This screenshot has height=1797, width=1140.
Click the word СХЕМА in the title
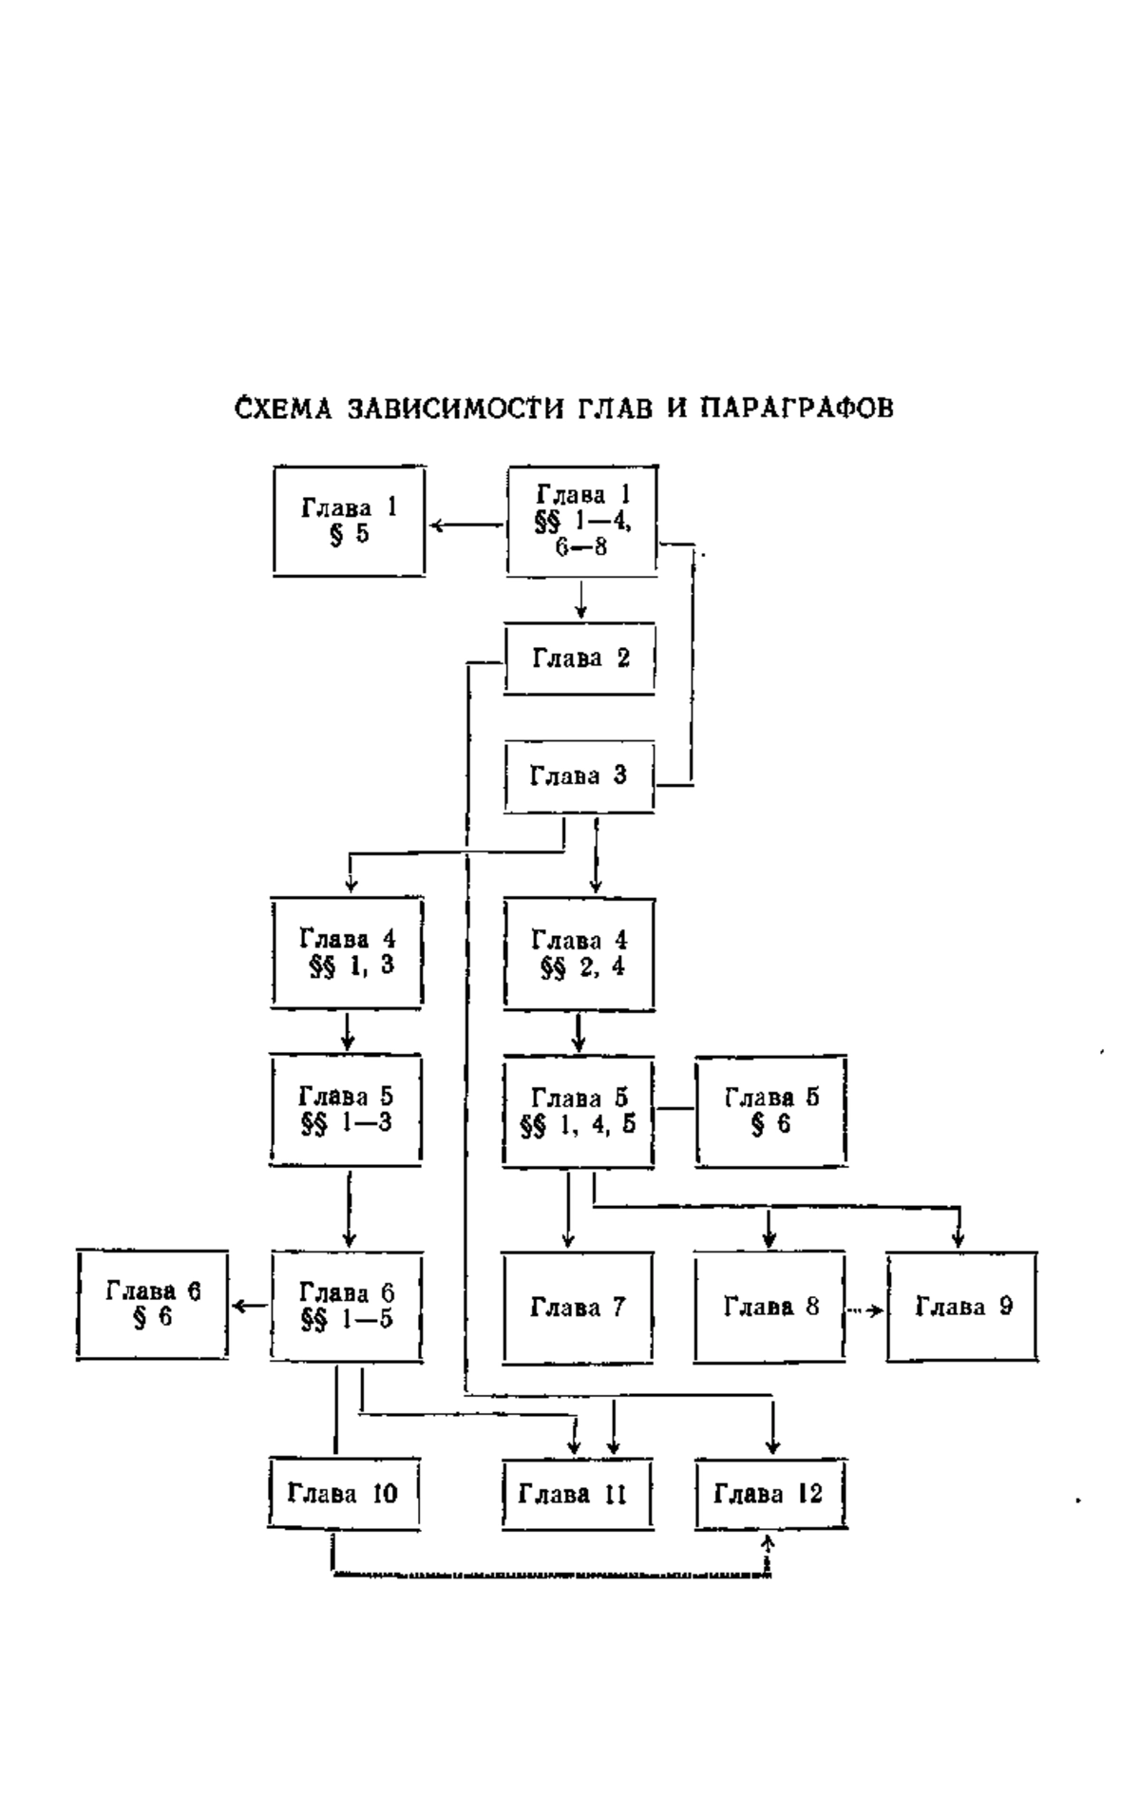coord(282,409)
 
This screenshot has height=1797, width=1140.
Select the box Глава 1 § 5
coord(349,521)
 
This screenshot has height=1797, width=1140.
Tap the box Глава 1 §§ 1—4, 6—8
coord(581,521)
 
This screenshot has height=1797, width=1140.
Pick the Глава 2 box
coord(579,659)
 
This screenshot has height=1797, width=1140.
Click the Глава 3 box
coord(579,776)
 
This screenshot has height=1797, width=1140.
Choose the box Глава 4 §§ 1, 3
coord(347,952)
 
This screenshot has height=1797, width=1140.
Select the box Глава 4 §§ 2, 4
coord(579,953)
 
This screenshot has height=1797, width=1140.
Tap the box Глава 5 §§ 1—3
coord(347,1110)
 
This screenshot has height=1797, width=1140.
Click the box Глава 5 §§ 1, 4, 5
coord(579,1111)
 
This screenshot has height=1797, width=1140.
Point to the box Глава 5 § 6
coord(771,1111)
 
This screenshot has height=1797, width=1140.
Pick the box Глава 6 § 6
coord(153,1304)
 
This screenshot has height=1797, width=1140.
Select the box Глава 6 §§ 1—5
coord(347,1307)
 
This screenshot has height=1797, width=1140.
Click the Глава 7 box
coord(579,1308)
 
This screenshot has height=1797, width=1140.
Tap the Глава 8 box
coord(770,1307)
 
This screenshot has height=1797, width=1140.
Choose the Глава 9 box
coord(962,1307)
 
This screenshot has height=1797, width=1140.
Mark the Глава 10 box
coord(344,1493)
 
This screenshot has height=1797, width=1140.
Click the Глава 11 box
coord(578,1493)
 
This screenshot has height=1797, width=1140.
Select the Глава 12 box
coord(770,1493)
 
